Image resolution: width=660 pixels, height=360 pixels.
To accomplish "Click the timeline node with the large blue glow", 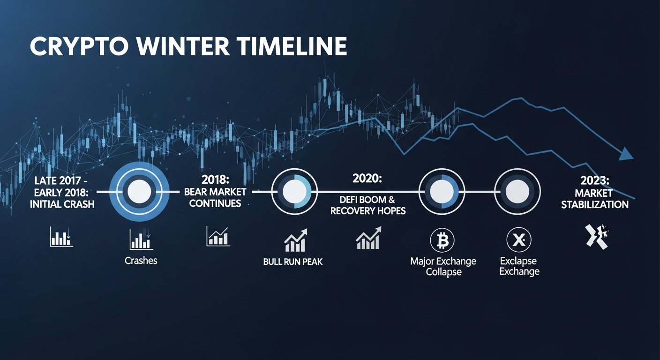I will [139, 192].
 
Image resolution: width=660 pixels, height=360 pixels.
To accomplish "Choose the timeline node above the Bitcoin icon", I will [440, 191].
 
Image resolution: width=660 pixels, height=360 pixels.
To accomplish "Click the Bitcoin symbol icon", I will [442, 241].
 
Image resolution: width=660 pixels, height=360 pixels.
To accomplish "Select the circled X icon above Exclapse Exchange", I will [518, 241].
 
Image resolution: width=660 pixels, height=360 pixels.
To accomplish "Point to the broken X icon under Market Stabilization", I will [596, 236].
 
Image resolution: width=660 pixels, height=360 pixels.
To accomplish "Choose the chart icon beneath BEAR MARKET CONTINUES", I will [217, 236].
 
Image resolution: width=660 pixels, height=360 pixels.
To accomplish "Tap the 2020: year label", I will [367, 179].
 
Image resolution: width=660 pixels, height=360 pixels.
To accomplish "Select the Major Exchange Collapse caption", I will [443, 266].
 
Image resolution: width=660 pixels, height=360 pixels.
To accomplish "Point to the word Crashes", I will [141, 261].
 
